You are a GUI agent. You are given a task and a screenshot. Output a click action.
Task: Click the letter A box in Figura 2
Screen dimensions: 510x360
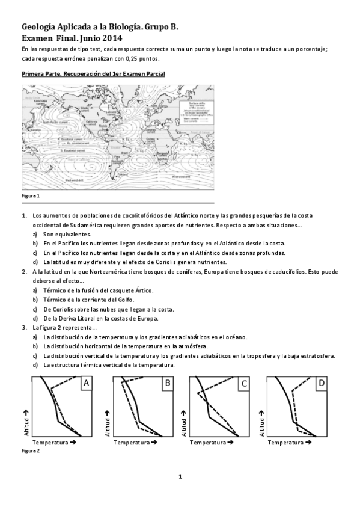pyautogui.click(x=87, y=383)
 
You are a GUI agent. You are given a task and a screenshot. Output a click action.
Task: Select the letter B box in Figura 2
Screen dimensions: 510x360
pyautogui.click(x=168, y=383)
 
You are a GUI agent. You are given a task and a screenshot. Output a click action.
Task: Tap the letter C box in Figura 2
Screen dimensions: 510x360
pyautogui.click(x=245, y=383)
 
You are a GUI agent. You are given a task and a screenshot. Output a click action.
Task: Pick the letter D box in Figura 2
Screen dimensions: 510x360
pyautogui.click(x=322, y=383)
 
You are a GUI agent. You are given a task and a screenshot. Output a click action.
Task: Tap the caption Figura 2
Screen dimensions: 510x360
pyautogui.click(x=30, y=450)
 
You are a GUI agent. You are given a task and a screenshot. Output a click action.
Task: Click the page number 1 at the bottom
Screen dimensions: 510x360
pyautogui.click(x=180, y=477)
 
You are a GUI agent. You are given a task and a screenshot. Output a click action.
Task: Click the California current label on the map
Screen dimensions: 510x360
pyautogui.click(x=91, y=123)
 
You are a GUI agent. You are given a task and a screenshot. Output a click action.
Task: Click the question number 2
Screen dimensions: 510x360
pyautogui.click(x=24, y=272)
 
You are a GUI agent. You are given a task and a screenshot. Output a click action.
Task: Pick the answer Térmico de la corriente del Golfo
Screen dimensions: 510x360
pyautogui.click(x=89, y=300)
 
